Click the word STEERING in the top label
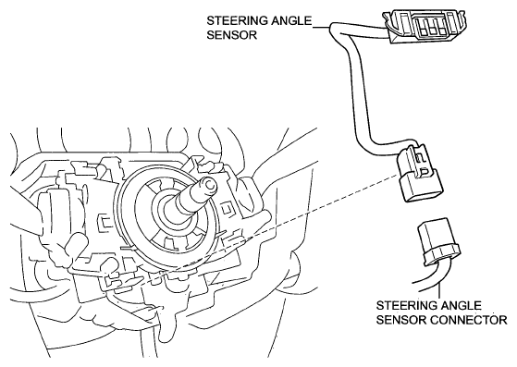tap(237, 21)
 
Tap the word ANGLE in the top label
tap(291, 21)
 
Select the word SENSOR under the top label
tap(232, 34)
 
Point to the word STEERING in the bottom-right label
tap(407, 305)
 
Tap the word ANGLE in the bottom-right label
tap(461, 305)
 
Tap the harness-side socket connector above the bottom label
tap(440, 242)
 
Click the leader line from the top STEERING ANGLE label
tap(321, 27)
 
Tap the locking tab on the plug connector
tap(422, 162)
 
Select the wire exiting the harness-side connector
tap(428, 276)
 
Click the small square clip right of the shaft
tap(226, 209)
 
